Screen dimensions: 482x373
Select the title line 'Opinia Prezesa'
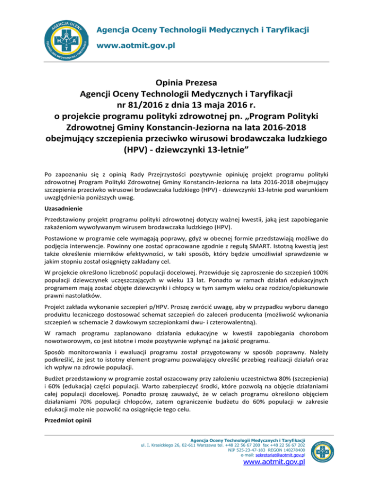[x=186, y=80]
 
